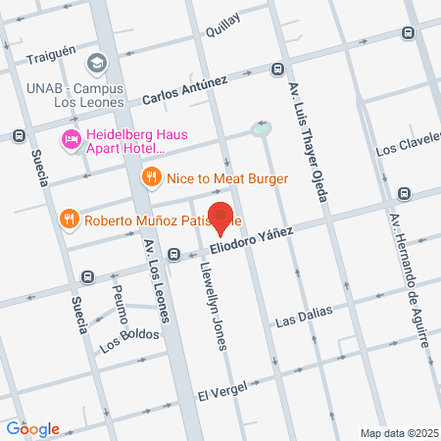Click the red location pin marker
coord(222,219)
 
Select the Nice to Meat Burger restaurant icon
coord(150,178)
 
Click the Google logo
coord(32,429)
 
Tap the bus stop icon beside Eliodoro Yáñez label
coord(173,255)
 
